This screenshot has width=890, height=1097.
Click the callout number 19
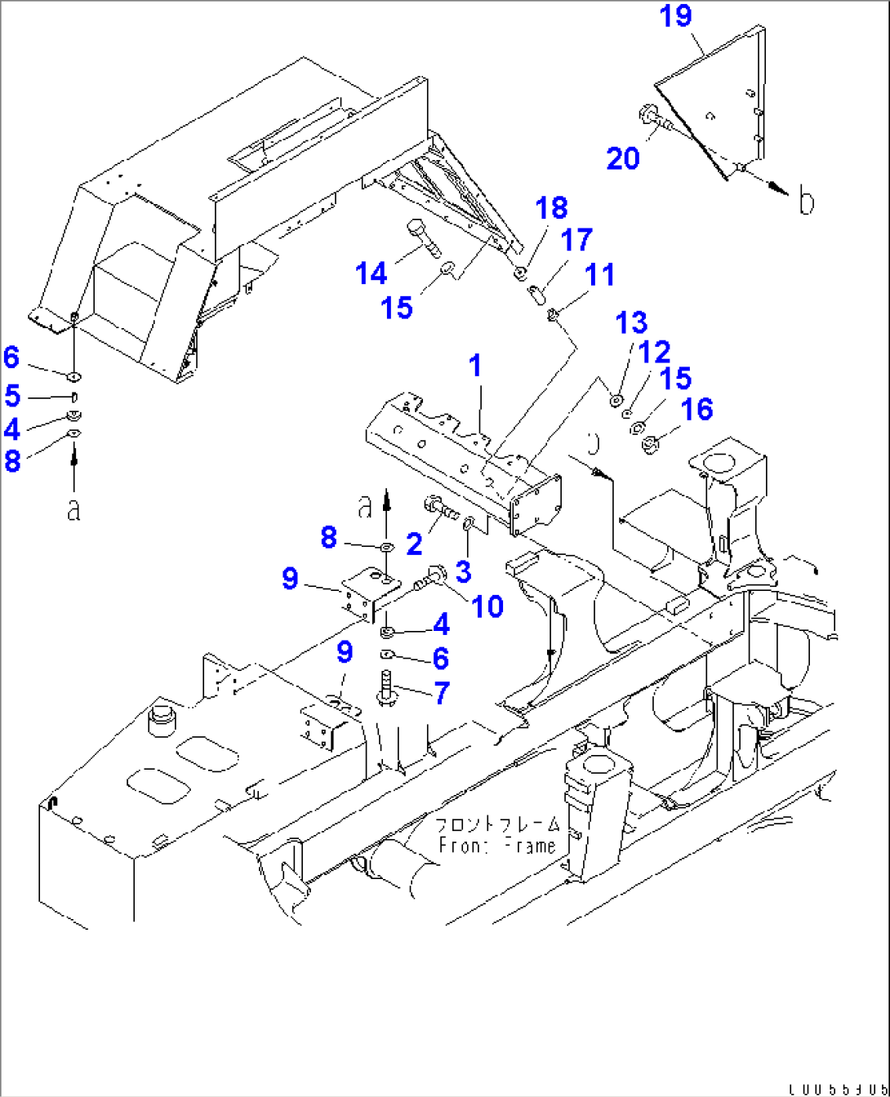click(676, 16)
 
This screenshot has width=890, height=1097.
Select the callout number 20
click(623, 158)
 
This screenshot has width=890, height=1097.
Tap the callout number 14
click(372, 273)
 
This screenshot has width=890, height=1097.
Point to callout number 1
click(475, 366)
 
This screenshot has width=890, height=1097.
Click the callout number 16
click(696, 409)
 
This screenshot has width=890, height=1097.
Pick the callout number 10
click(487, 606)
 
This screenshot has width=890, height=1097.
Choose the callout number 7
click(442, 693)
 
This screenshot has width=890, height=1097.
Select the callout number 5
click(12, 396)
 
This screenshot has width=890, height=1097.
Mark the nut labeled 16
click(651, 446)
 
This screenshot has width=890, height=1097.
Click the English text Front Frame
click(497, 846)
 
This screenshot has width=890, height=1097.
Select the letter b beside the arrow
click(806, 201)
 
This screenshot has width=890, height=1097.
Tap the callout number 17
click(576, 240)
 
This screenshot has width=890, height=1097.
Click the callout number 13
click(631, 322)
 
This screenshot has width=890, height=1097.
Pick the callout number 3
click(463, 571)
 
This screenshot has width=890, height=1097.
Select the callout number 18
click(551, 207)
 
